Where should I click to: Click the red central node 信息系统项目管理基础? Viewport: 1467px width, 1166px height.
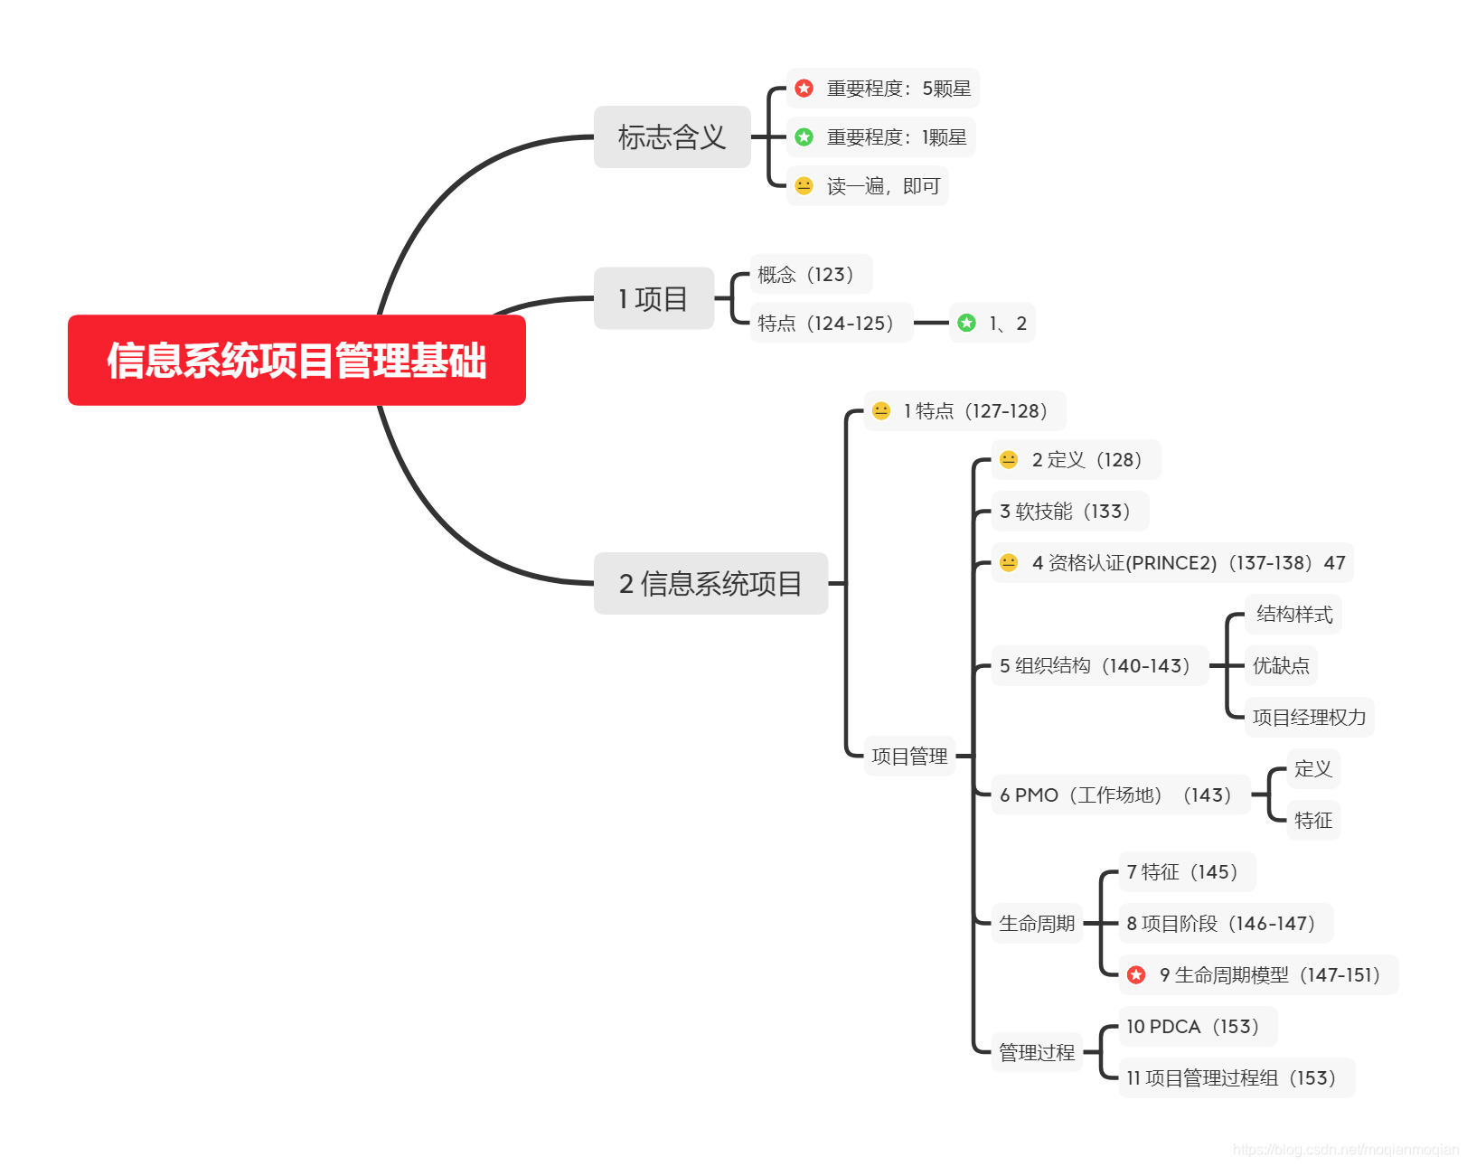pos(296,360)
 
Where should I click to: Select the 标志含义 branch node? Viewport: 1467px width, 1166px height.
pos(672,136)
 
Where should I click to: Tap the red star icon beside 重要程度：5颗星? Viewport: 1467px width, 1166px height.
pos(804,89)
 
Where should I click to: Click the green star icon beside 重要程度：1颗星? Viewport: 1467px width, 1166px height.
pos(804,137)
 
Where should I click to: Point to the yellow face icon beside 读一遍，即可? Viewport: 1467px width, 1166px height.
pos(804,186)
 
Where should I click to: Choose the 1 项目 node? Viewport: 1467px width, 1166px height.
pos(654,298)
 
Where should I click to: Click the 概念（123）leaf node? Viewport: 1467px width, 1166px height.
pos(810,274)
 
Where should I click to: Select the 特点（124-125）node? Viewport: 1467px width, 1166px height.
pos(830,323)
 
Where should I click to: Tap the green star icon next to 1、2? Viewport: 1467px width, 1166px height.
pos(966,323)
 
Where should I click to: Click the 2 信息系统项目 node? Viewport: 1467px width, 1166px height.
pos(710,583)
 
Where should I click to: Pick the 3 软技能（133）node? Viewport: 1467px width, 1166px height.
pos(1069,512)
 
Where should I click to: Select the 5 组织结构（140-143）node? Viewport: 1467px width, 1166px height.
pos(1099,666)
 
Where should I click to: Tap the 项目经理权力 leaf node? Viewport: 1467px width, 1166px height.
pos(1309,718)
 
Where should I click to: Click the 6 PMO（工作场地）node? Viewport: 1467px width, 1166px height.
pos(1120,795)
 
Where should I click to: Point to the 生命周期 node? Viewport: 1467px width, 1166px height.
pos(1037,924)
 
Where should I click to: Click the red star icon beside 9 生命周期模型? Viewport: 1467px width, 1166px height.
pos(1136,975)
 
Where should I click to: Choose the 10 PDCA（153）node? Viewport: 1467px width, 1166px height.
pos(1197,1027)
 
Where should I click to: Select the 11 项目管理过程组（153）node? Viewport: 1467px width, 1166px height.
pos(1236,1078)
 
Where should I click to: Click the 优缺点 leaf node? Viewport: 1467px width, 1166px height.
pos(1280,666)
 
